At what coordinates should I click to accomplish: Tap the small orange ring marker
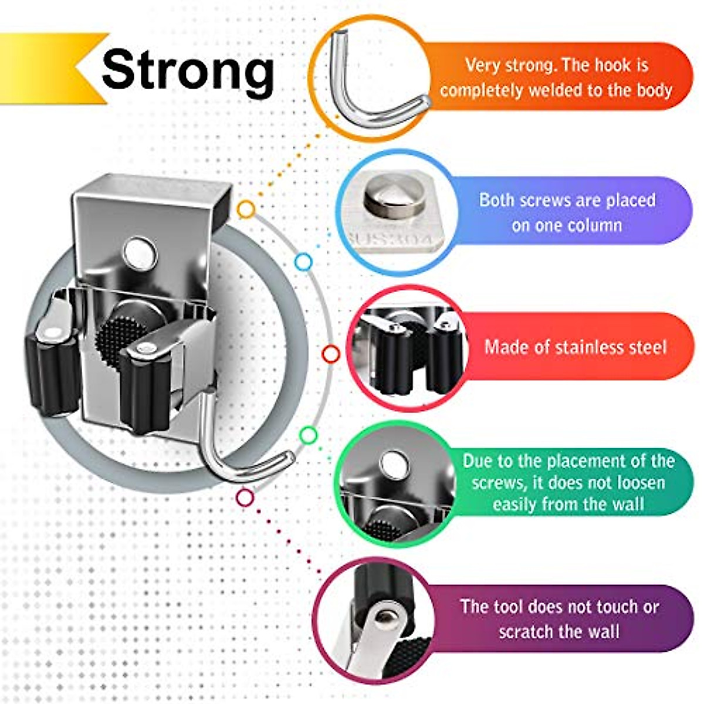[x=246, y=209]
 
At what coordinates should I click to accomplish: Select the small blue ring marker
[x=303, y=262]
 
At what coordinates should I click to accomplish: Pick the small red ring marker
[x=331, y=354]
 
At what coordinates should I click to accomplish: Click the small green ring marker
[x=309, y=435]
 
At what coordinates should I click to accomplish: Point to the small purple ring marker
[x=245, y=498]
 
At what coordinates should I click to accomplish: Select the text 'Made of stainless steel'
[x=576, y=347]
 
